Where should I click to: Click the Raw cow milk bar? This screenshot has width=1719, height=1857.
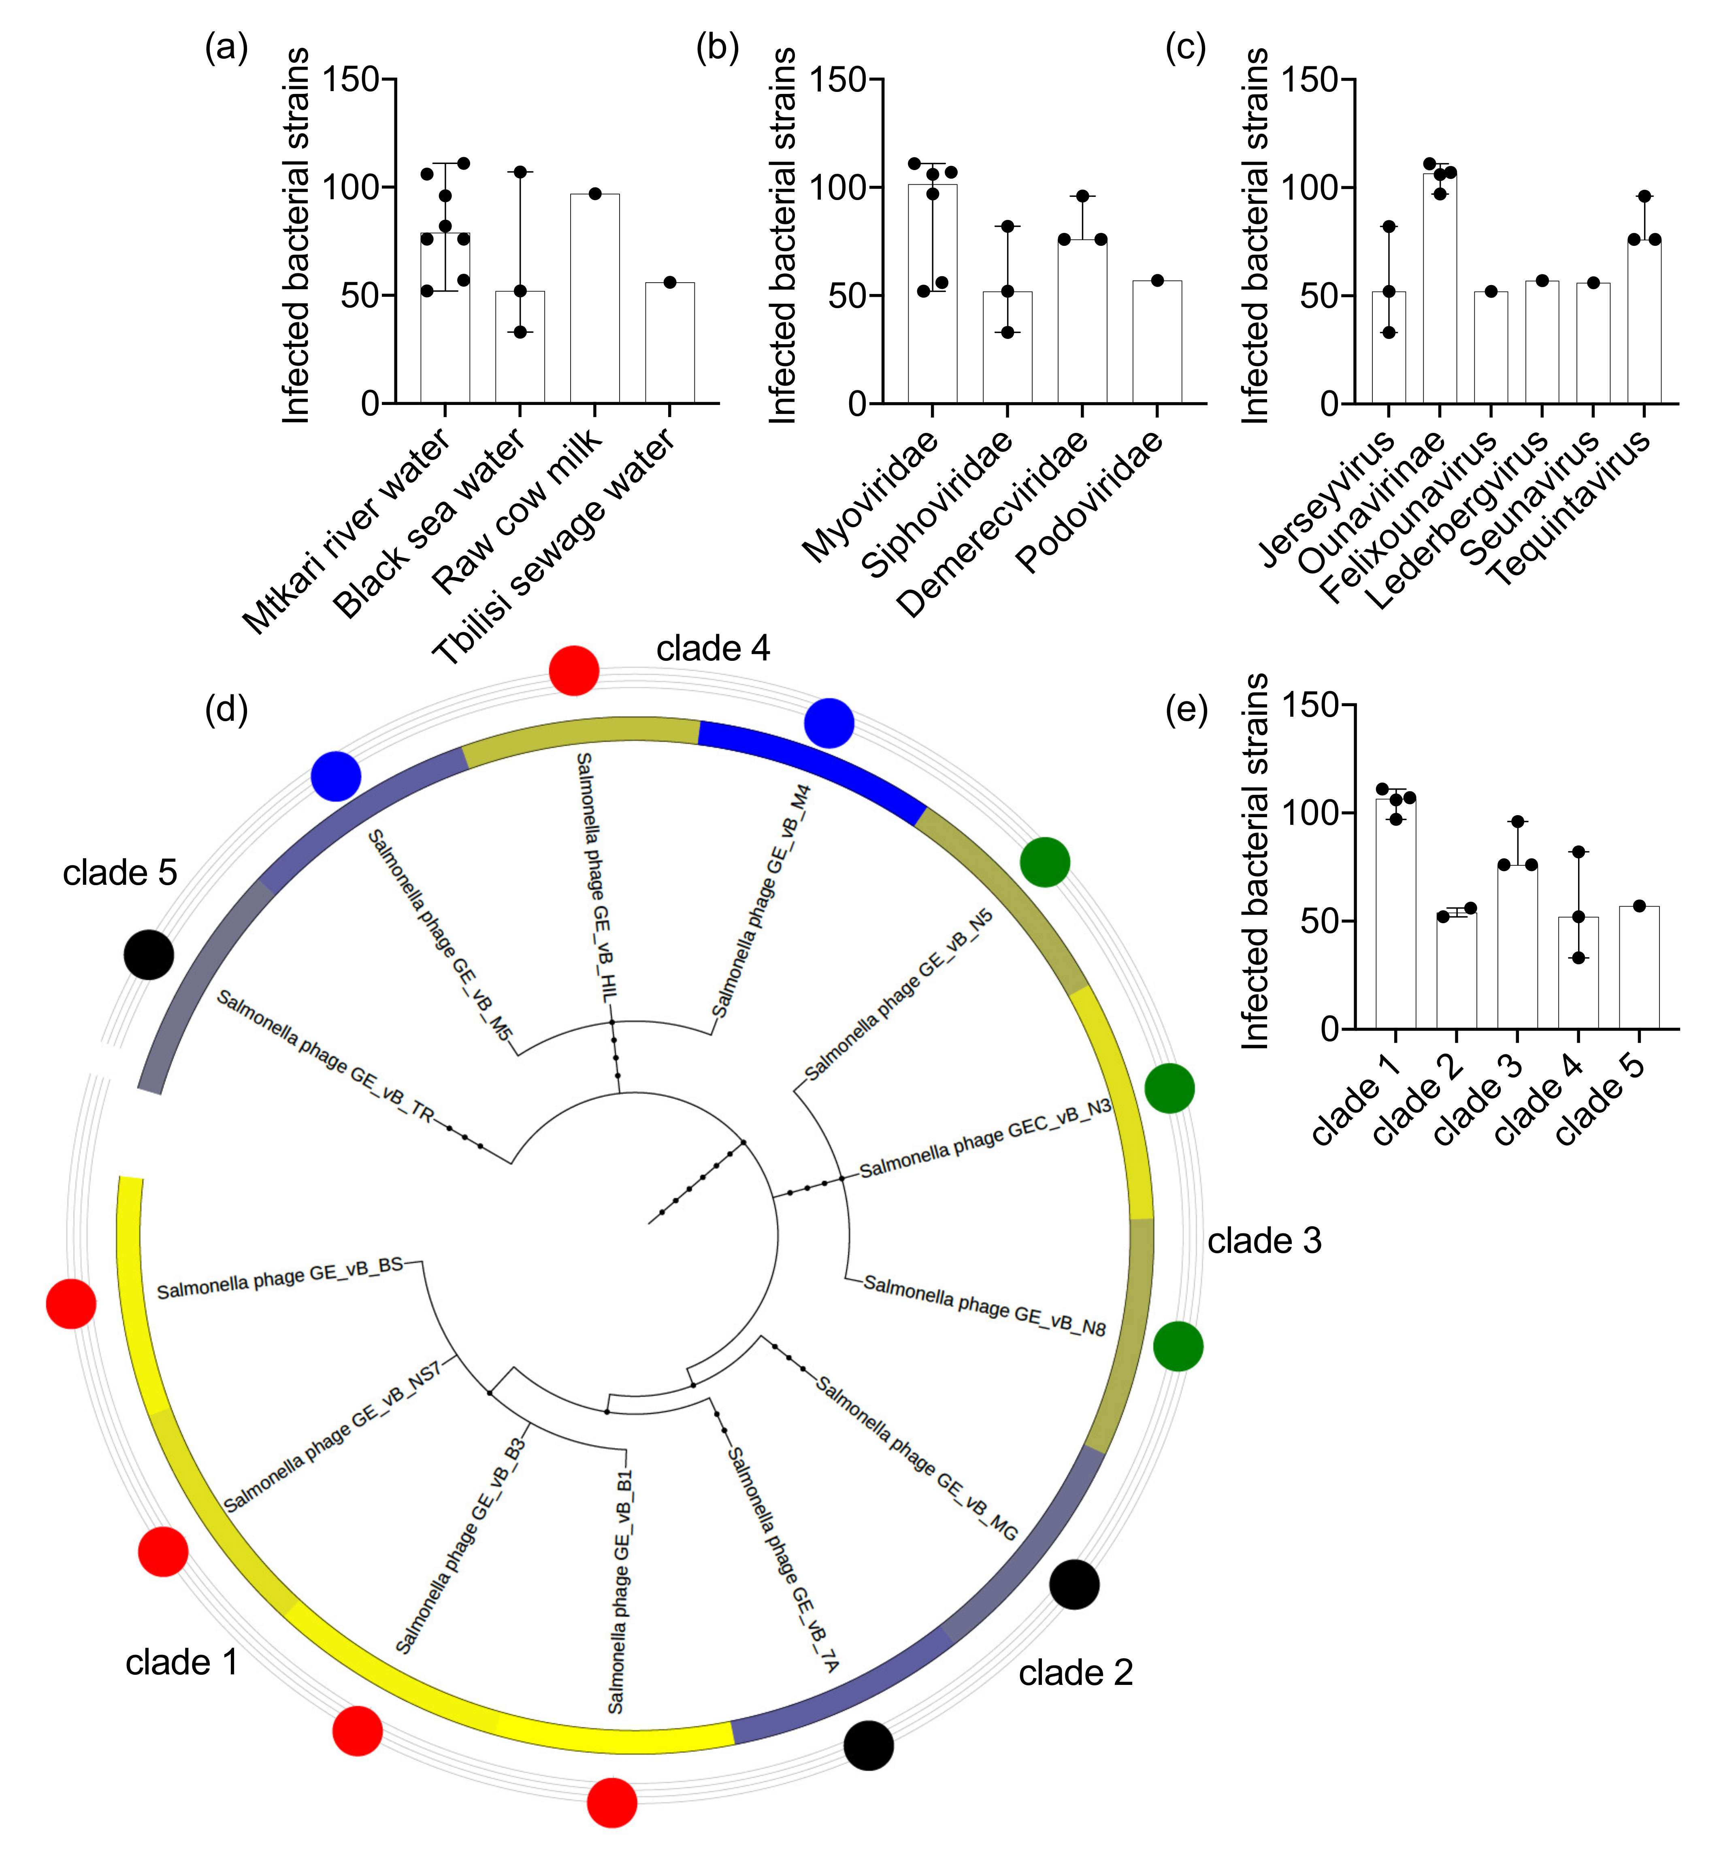click(x=594, y=298)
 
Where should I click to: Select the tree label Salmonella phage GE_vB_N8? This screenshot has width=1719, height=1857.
click(x=984, y=1305)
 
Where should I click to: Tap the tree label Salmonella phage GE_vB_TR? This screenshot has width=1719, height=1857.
click(x=326, y=1056)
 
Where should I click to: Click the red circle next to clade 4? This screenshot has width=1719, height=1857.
click(x=574, y=670)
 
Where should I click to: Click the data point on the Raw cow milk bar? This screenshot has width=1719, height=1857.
click(x=595, y=194)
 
